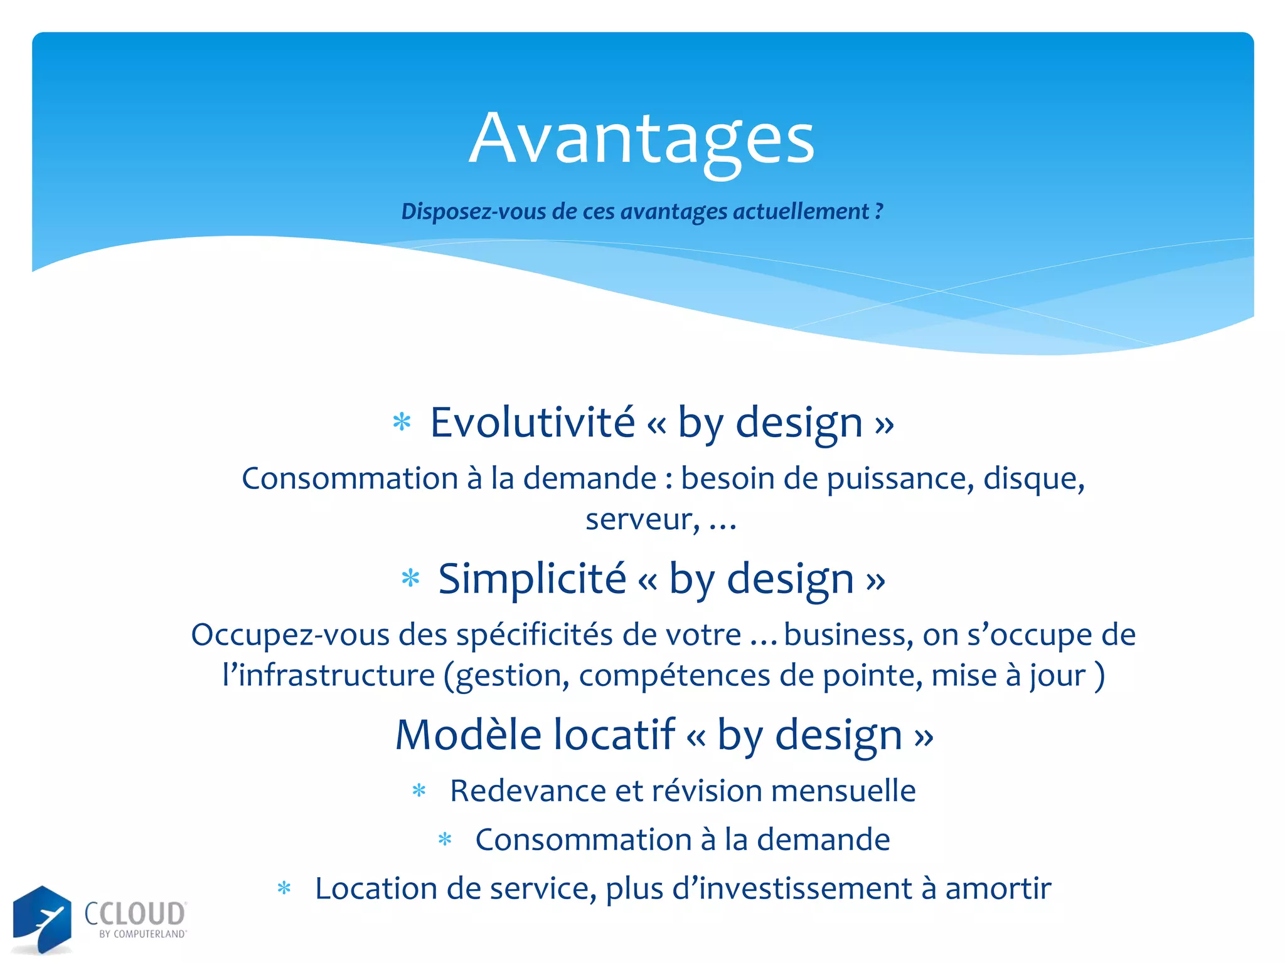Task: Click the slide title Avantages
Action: pos(641,139)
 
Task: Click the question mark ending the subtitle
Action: pos(879,211)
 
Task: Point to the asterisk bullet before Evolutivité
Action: pos(402,422)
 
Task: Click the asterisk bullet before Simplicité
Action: pos(410,578)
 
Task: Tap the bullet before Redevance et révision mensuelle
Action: pos(419,791)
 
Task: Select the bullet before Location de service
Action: pos(284,889)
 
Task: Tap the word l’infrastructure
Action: pos(328,676)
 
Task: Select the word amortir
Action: pos(998,889)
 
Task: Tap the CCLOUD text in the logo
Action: pos(136,914)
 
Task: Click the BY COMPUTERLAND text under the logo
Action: pos(142,934)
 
